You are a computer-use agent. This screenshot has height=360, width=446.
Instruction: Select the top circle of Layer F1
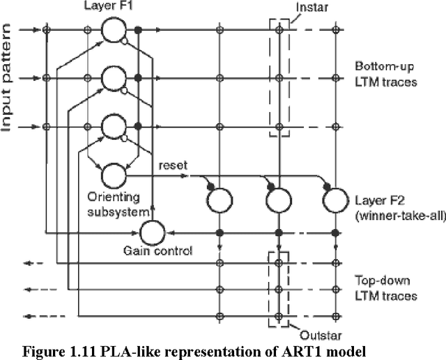[113, 31]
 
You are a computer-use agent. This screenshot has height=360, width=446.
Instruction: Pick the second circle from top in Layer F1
[113, 78]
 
